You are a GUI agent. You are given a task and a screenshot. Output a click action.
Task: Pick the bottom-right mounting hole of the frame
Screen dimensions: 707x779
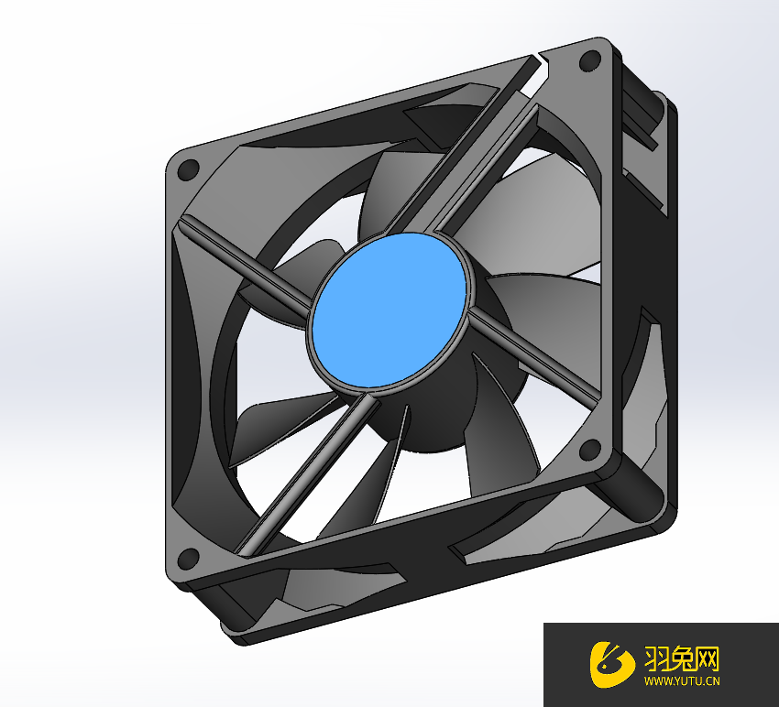(x=591, y=449)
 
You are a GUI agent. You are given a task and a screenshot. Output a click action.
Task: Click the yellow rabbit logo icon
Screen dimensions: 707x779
(x=611, y=664)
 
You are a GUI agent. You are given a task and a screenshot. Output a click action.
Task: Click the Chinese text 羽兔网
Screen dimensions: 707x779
(x=682, y=658)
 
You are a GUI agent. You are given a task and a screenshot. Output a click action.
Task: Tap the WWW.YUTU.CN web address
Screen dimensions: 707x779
(x=682, y=681)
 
